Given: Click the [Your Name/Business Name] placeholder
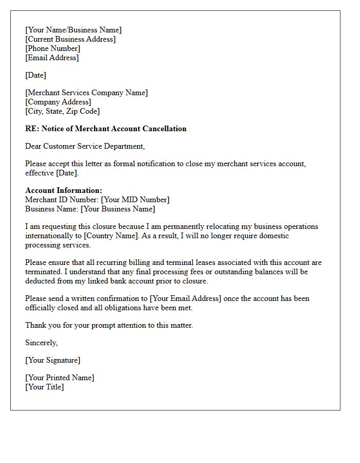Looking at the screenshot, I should tap(74, 30).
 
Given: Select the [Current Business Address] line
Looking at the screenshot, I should tap(70, 39).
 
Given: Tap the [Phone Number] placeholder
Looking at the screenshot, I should tap(52, 48).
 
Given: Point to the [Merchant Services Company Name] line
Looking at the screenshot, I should tap(86, 93).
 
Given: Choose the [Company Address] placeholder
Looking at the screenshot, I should tap(58, 102).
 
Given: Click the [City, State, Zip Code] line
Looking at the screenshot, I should tap(62, 111).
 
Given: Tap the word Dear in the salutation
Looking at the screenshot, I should tap(33, 146).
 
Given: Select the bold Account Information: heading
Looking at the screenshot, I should tap(64, 190).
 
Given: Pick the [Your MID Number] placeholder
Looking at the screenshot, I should tap(135, 200).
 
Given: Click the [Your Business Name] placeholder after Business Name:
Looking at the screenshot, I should tap(118, 209).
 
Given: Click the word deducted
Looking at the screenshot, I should tap(41, 281).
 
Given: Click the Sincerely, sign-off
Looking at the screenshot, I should tap(42, 343).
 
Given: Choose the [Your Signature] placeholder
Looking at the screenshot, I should tap(52, 360).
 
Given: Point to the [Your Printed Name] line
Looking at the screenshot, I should tap(60, 378).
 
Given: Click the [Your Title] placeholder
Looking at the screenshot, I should tap(44, 387).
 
